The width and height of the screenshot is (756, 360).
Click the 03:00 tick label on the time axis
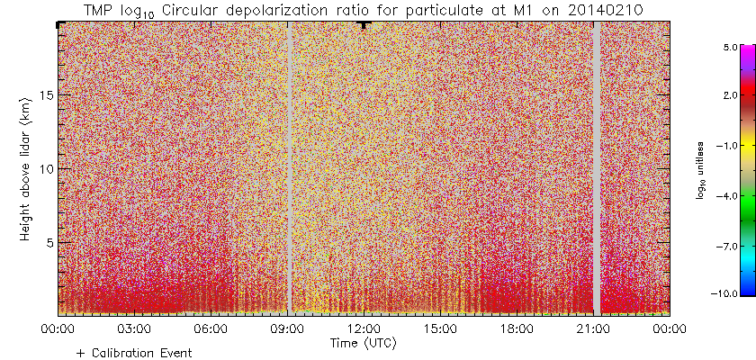click(134, 330)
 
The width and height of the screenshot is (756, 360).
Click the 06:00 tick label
click(211, 330)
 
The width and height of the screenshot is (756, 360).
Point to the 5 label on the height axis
click(50, 242)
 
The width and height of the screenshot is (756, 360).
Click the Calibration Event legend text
click(139, 354)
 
